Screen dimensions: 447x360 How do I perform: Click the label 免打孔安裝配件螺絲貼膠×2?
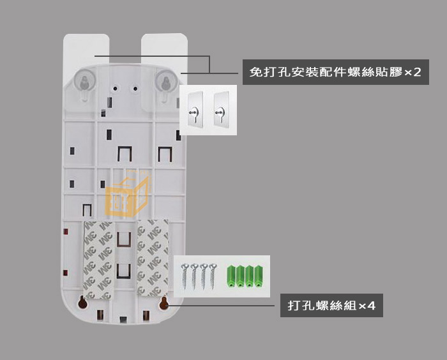click(x=335, y=72)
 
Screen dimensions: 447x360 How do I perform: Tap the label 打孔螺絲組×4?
click(x=331, y=306)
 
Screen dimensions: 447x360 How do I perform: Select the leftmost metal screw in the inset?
click(x=185, y=276)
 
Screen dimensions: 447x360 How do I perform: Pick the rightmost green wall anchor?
click(x=259, y=276)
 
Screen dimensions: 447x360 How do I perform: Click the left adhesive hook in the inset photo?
click(x=195, y=109)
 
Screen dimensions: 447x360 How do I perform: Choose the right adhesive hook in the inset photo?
click(x=222, y=109)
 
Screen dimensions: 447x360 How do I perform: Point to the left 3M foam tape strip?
click(x=99, y=260)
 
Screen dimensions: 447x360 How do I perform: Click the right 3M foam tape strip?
click(x=153, y=258)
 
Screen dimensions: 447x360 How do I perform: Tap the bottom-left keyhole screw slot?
click(x=82, y=303)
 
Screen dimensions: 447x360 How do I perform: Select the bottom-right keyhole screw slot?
click(x=163, y=303)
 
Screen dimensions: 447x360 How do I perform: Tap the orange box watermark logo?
click(x=127, y=193)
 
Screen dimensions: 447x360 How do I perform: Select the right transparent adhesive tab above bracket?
click(x=164, y=51)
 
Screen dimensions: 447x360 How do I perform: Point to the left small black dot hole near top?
click(x=115, y=89)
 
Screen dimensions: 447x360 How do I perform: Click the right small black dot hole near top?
click(x=135, y=89)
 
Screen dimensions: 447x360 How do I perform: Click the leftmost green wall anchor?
click(x=231, y=276)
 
